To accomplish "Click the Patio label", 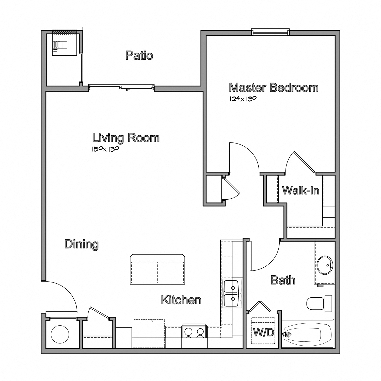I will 139,55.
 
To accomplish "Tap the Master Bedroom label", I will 274,88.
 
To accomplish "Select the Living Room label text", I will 126,138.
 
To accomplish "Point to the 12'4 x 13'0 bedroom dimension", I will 243,99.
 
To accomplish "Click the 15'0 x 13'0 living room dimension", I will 105,149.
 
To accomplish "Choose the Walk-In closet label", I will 300,190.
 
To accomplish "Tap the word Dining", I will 81,244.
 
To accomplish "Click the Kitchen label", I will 181,300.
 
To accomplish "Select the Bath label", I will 283,280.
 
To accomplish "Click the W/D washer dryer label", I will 264,332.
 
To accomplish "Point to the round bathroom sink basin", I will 325,265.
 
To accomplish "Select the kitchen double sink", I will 231,293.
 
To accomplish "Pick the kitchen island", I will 157,269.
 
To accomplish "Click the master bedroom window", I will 270,32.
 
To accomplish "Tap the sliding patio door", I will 121,87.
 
